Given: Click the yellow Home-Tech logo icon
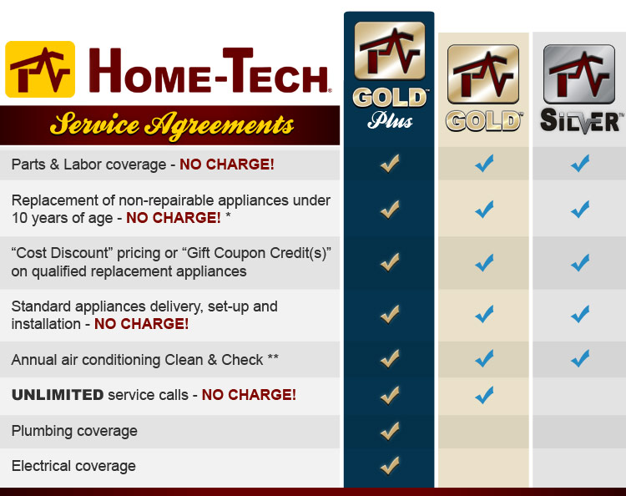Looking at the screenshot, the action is point(40,69).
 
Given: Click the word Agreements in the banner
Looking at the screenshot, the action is point(220,125).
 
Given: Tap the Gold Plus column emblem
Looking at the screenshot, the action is point(390,51).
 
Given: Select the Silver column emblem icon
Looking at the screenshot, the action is point(579,74).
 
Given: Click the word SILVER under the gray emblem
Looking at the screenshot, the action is point(581,120).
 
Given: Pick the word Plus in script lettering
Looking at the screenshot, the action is point(390,120).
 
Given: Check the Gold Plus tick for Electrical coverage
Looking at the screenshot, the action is point(390,465).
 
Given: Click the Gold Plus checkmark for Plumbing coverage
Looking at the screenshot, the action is point(390,431).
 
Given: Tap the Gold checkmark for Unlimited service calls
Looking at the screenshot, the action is point(484,395).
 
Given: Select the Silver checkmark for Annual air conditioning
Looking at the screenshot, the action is point(580,358).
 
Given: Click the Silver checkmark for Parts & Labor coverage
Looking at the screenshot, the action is point(580,164).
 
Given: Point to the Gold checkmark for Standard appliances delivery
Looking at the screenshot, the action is point(484,314).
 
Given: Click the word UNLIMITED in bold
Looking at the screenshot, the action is point(58,395).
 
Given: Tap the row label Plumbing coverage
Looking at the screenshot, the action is point(74,431).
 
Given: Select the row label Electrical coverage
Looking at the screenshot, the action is point(73,466).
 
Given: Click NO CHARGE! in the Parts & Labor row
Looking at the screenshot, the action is point(227,164).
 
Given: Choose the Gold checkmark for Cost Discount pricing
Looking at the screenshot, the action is point(484,263).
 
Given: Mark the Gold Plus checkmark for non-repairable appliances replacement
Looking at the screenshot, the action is point(390,210).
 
